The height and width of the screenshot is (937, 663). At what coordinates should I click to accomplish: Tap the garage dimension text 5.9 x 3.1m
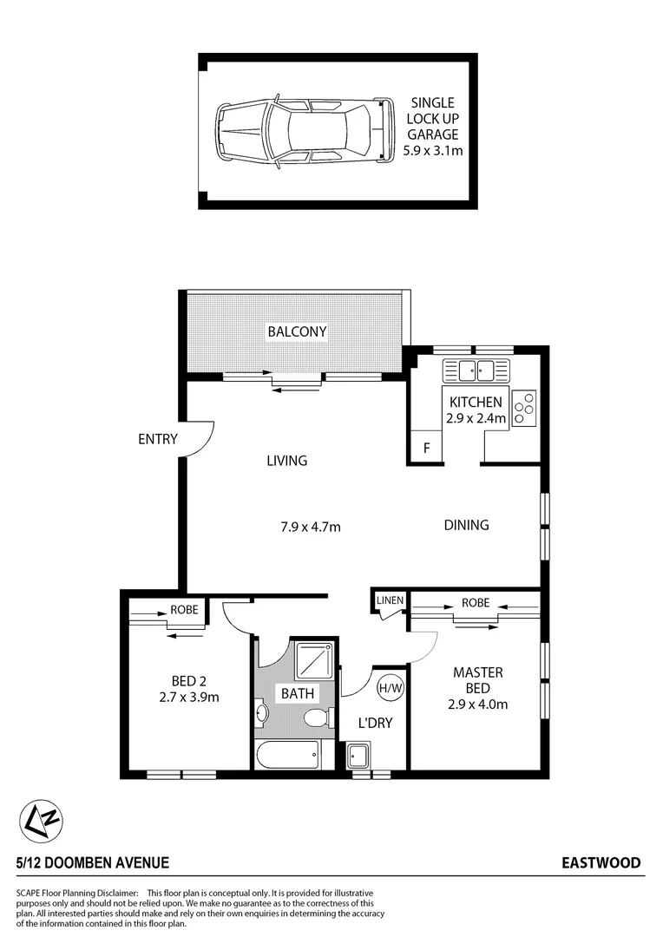point(432,150)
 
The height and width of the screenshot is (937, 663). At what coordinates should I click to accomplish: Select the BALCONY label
point(297,331)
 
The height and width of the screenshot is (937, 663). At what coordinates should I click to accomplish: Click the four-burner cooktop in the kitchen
point(524,408)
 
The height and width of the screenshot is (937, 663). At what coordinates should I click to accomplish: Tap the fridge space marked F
point(425,449)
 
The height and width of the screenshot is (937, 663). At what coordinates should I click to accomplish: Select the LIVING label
point(287,461)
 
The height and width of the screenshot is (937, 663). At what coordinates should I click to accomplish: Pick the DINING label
point(466,525)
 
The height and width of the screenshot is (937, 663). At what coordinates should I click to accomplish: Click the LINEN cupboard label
point(388,601)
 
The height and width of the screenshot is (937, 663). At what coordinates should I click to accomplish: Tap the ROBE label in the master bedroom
point(475,602)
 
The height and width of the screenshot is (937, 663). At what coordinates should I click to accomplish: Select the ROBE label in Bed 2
point(183,610)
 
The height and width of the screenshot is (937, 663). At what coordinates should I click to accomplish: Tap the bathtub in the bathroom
point(287,753)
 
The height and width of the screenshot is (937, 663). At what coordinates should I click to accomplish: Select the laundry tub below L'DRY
point(358,756)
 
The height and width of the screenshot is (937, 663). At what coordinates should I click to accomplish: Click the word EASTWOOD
point(601,862)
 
